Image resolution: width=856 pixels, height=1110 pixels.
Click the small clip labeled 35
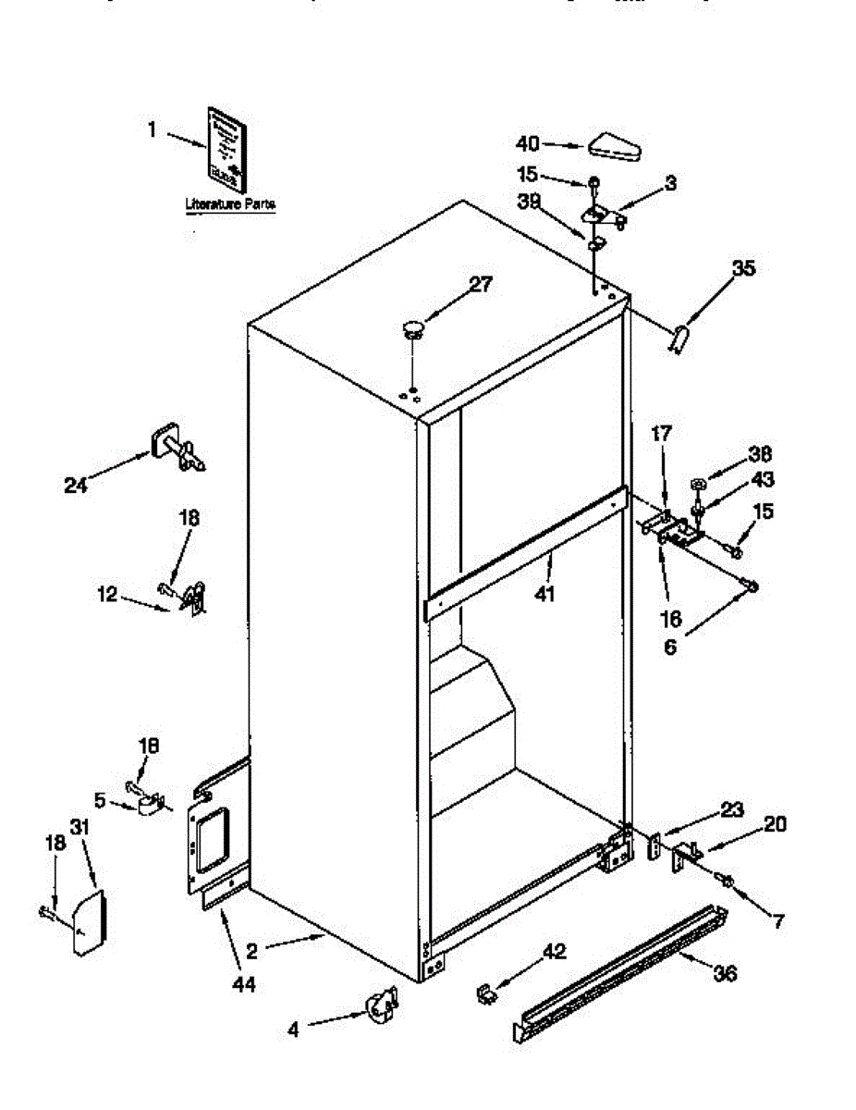click(x=679, y=339)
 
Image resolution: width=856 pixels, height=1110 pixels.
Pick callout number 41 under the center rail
click(x=544, y=593)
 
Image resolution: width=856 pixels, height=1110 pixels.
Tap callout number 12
click(x=108, y=595)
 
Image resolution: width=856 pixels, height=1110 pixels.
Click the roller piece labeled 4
click(x=381, y=1006)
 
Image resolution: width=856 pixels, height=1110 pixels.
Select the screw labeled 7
click(x=728, y=882)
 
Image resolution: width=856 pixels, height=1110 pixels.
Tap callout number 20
click(x=775, y=822)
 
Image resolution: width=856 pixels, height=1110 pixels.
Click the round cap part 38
click(x=698, y=483)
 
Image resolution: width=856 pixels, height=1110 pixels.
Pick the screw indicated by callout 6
click(x=752, y=586)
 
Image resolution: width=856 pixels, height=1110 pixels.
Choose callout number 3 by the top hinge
click(x=669, y=183)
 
